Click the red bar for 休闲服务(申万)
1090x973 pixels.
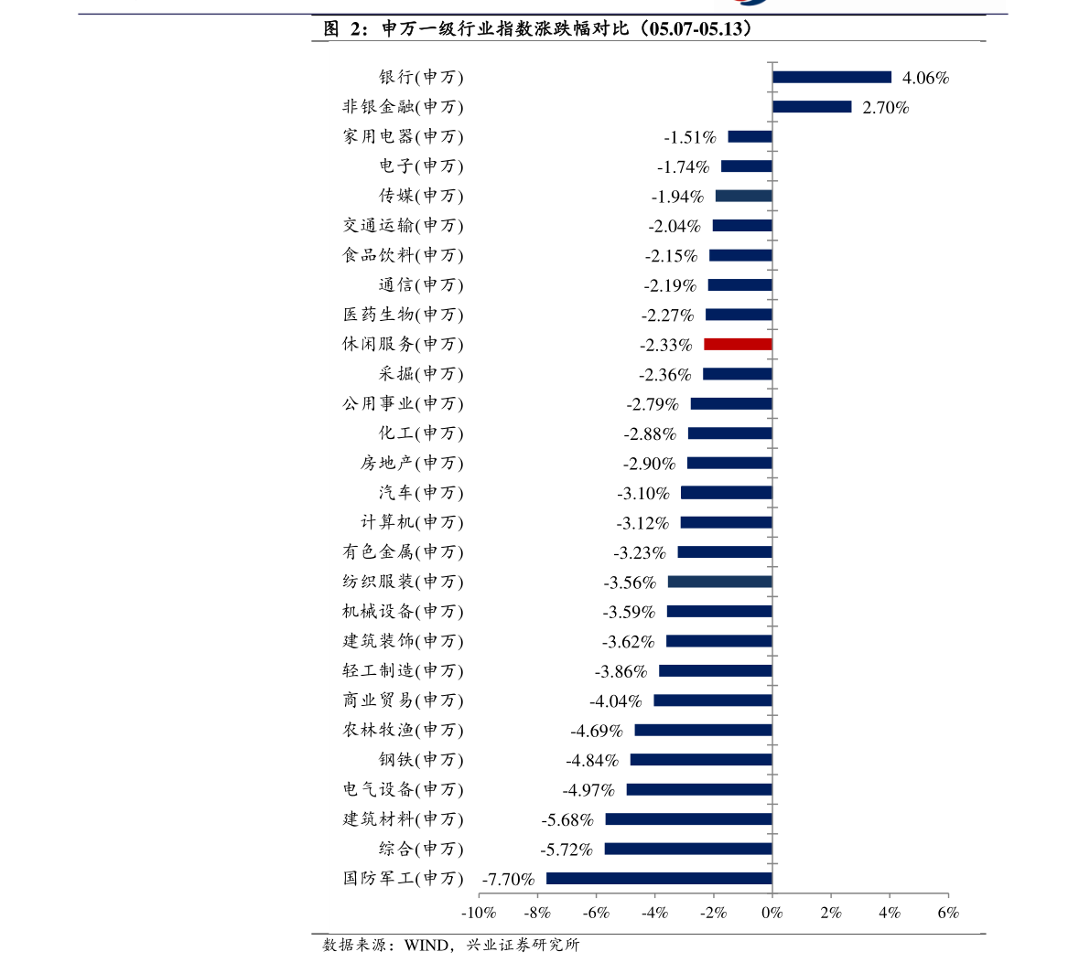tap(738, 345)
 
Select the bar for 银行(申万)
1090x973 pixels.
tap(831, 77)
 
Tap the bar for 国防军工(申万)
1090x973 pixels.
tap(659, 879)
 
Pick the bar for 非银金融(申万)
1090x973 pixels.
tap(812, 107)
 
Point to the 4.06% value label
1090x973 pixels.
tap(925, 78)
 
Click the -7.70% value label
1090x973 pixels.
tap(508, 879)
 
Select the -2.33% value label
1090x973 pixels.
tap(666, 345)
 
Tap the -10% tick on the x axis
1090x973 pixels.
tap(479, 913)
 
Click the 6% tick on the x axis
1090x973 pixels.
tap(948, 913)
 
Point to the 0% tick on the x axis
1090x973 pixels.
tap(772, 913)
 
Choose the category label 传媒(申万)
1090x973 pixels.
tap(421, 196)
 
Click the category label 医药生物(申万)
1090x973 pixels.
tap(403, 315)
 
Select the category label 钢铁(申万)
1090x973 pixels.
tap(421, 760)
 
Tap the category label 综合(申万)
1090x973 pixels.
tap(421, 849)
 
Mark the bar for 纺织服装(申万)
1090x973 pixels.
tap(719, 582)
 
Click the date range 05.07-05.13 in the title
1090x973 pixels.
tap(697, 28)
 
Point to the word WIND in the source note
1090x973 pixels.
tap(426, 946)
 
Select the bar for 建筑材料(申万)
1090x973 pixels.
tap(689, 819)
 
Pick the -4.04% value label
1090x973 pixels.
tap(615, 701)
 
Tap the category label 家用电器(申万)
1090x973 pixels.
tap(403, 137)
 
